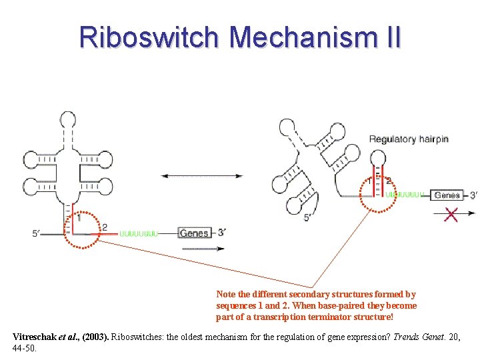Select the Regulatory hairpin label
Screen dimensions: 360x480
[409, 139]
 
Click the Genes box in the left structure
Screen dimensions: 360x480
[194, 233]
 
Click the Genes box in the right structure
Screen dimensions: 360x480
[447, 195]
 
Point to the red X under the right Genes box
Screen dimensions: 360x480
[451, 214]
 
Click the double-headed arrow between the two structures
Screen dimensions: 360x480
[202, 176]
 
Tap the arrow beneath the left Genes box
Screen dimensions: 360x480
[202, 249]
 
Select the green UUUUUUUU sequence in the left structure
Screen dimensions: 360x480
[139, 233]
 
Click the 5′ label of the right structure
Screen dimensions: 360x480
[309, 217]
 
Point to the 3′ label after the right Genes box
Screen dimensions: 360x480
[473, 195]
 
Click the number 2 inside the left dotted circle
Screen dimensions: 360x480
[104, 227]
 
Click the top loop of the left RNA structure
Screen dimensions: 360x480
[69, 120]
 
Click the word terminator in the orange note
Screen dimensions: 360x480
[353, 317]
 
